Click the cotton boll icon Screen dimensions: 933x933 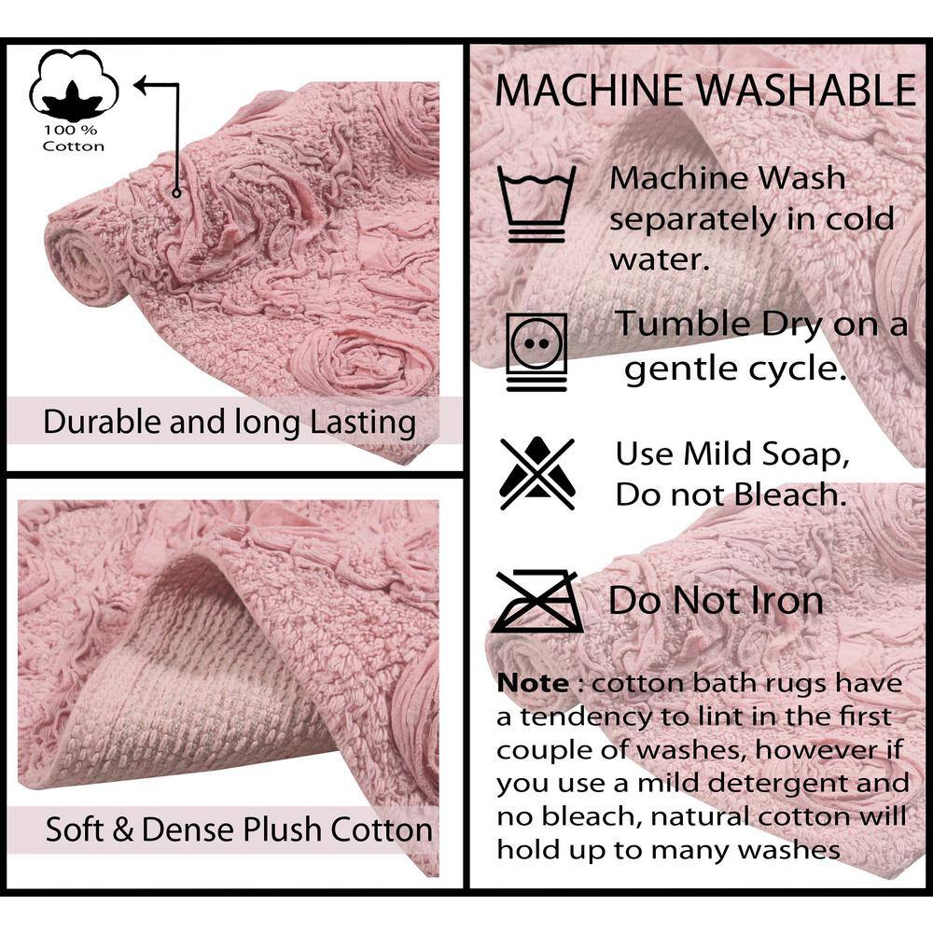(x=74, y=86)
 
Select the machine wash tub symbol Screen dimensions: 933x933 (x=536, y=203)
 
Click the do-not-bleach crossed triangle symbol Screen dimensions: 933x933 (x=537, y=474)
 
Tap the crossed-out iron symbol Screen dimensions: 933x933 (x=537, y=601)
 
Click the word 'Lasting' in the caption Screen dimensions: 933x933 (x=362, y=423)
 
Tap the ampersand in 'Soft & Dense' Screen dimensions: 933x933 (x=122, y=829)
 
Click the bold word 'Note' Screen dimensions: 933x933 (x=533, y=683)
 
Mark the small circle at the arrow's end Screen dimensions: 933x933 (x=176, y=193)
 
